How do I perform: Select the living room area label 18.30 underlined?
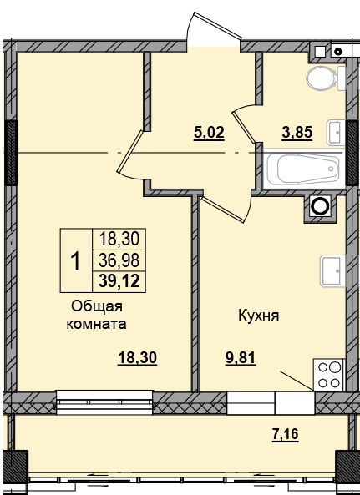[x=137, y=356]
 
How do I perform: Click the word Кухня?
[x=257, y=316]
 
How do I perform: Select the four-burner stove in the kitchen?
[x=329, y=373]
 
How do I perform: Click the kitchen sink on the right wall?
[x=332, y=270]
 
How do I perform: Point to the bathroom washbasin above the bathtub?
[x=335, y=130]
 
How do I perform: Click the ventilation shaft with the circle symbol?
[x=319, y=207]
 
